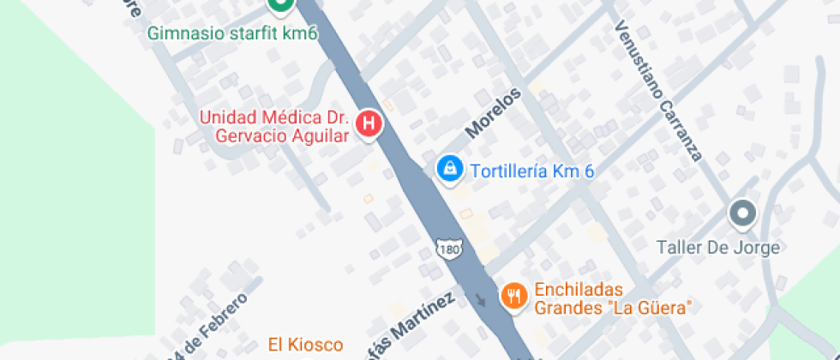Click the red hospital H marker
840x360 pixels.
pos(369,124)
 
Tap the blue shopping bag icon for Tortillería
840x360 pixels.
pos(448,170)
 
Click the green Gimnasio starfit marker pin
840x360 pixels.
pos(279,5)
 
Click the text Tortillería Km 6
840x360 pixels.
pos(532,171)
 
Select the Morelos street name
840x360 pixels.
pos(493,112)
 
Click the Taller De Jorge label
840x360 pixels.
pos(717,248)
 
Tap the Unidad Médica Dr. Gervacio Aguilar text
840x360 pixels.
pos(275,127)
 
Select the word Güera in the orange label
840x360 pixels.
pos(667,307)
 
